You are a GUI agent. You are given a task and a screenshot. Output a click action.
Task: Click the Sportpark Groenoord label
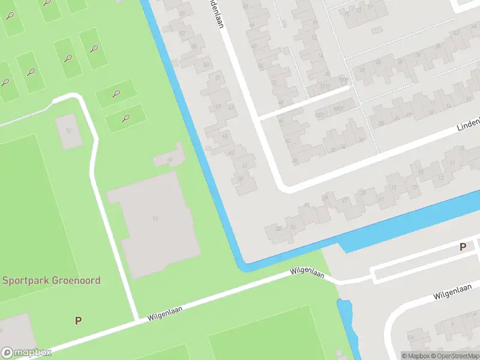click(x=51, y=280)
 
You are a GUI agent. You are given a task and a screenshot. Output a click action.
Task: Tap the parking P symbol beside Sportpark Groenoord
click(x=78, y=321)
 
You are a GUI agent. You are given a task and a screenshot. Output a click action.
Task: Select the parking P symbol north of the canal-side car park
click(x=463, y=247)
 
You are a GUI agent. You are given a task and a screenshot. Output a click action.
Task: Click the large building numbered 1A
click(x=155, y=218)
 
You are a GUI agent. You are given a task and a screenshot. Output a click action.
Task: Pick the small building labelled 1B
click(x=169, y=158)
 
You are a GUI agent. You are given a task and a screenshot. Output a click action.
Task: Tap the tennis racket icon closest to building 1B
click(x=125, y=118)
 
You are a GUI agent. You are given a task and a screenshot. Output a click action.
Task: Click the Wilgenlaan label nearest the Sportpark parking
click(x=164, y=313)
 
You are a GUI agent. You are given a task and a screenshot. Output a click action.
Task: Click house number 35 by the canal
click(x=278, y=229)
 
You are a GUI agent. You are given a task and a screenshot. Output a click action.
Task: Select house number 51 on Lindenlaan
click(x=218, y=78)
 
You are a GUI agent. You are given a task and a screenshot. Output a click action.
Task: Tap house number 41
click(x=244, y=166)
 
